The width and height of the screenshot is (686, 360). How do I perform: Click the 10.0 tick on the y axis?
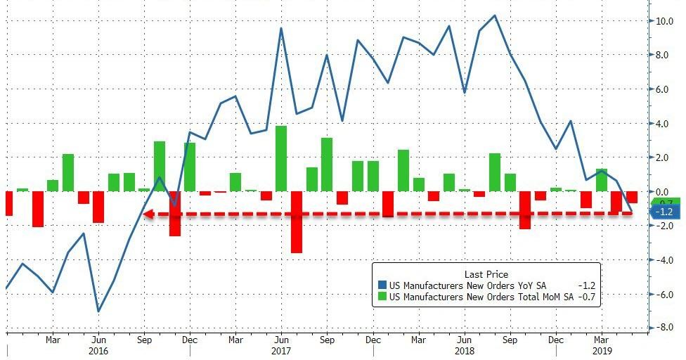click(x=664, y=21)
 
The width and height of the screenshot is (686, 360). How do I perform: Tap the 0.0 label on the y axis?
click(x=664, y=192)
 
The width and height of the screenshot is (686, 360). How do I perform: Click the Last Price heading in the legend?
click(x=486, y=274)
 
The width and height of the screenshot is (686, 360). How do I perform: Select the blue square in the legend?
click(x=382, y=285)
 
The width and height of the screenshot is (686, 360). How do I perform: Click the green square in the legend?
click(x=382, y=297)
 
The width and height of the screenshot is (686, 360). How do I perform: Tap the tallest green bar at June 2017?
click(x=281, y=158)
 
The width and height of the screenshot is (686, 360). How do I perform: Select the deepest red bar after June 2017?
click(x=297, y=221)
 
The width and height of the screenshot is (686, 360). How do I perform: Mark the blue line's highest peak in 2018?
click(x=495, y=15)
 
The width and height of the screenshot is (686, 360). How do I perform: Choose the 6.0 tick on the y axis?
click(x=664, y=89)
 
